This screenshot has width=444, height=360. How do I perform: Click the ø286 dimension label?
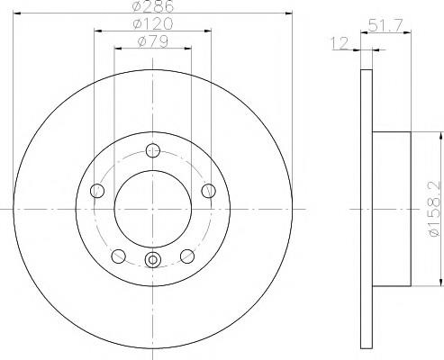tap(153, 6)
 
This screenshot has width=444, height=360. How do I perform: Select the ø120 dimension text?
tap(153, 23)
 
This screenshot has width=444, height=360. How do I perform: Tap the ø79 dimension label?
tap(153, 41)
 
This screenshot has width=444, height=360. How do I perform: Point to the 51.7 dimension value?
tap(385, 25)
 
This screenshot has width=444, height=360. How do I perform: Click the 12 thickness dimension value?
tap(340, 43)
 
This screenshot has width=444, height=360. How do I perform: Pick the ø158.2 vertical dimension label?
tap(435, 209)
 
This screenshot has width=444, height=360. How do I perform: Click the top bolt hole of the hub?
tap(153, 150)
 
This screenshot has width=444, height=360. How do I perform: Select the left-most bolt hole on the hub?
tap(97, 191)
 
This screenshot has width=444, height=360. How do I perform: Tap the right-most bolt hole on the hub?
tap(208, 191)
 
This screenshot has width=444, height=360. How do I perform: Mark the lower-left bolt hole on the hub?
tap(118, 256)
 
